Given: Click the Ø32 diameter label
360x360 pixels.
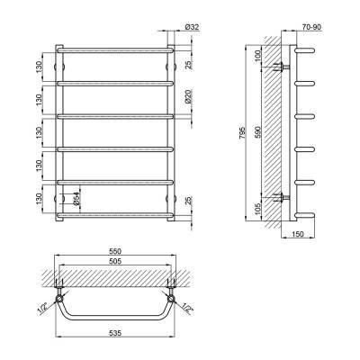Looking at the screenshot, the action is click(193, 27).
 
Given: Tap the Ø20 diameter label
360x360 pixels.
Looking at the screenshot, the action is click(188, 97).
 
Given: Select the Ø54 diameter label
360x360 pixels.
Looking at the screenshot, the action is click(76, 199).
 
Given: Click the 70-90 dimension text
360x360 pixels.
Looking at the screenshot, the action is click(311, 27).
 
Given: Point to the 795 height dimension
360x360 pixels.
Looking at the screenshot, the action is click(242, 133).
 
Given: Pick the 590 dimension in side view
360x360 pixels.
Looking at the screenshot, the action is click(258, 131).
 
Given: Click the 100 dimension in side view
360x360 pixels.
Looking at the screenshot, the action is click(258, 56).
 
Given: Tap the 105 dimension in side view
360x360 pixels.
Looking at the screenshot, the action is click(258, 208).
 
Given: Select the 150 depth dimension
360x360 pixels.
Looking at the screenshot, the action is click(298, 234).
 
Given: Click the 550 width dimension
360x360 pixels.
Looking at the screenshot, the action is click(114, 251).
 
